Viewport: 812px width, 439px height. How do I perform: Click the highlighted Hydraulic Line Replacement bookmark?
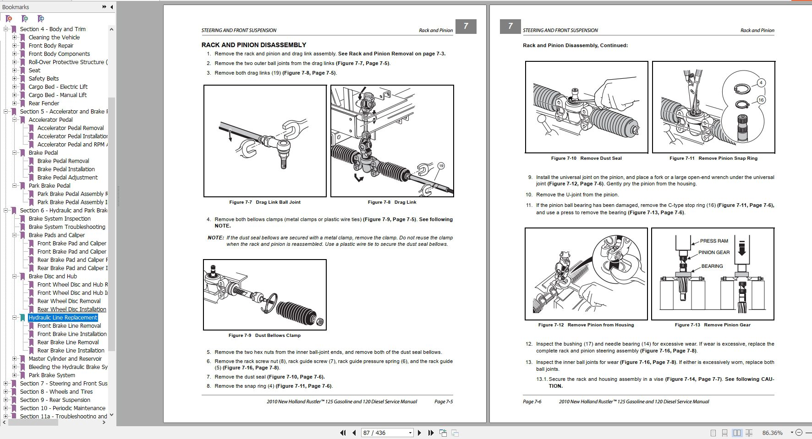[63, 317]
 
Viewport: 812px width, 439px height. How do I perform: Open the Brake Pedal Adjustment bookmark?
[67, 177]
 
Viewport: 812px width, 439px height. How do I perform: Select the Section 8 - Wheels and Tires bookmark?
[56, 391]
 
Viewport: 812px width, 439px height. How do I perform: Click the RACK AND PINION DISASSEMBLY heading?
[253, 45]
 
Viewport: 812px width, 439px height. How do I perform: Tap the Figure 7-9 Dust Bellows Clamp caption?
[264, 335]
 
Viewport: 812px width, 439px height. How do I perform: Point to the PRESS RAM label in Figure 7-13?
[713, 241]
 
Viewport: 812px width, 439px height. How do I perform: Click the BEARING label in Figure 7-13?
[712, 266]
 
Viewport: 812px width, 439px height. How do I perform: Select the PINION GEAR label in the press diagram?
[713, 252]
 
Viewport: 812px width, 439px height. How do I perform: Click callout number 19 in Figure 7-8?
[441, 166]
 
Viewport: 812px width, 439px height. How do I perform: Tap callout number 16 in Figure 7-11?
[761, 100]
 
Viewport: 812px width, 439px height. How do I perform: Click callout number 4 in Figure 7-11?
[761, 83]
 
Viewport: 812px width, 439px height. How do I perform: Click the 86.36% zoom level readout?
[772, 433]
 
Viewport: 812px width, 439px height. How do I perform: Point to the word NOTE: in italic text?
[215, 238]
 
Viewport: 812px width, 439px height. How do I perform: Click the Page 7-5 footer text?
[443, 401]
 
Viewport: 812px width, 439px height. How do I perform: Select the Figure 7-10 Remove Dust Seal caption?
[586, 158]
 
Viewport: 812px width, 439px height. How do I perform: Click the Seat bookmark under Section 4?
[34, 70]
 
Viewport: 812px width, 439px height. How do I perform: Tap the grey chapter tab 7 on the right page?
[510, 26]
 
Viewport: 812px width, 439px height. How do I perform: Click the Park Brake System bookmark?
[52, 375]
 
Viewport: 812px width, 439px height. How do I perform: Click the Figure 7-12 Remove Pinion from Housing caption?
[586, 325]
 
